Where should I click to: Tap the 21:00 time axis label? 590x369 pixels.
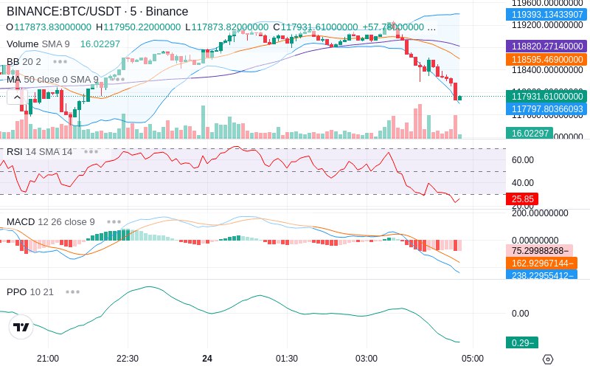point(48,359)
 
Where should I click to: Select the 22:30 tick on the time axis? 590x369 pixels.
point(128,359)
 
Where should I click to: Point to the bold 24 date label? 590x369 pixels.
point(207,359)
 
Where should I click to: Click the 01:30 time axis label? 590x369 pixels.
point(287,359)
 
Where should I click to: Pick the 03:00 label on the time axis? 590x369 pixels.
point(367,359)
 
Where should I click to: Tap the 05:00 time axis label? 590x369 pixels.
point(473,359)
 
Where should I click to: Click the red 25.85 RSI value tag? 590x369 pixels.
point(521,199)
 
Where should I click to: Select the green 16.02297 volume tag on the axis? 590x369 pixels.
point(528,133)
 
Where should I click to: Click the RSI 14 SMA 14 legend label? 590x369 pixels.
point(40,152)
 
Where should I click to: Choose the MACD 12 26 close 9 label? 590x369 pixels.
point(51,222)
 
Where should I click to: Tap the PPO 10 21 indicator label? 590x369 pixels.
point(30,292)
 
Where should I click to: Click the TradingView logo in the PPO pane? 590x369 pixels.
point(21,327)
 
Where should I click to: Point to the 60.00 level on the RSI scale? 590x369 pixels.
point(522,159)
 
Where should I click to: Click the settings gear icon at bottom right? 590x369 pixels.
point(547,359)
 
